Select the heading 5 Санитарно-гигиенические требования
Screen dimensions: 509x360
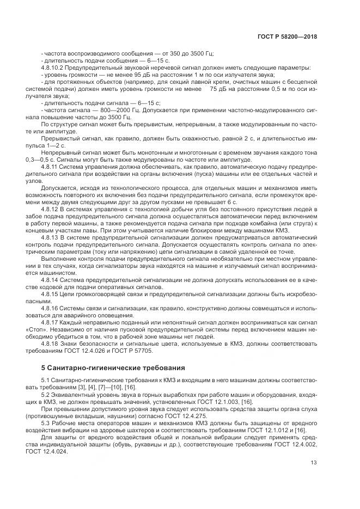114,367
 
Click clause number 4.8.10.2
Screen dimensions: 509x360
54,68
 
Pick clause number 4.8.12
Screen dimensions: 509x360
51,210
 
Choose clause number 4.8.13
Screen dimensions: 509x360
51,238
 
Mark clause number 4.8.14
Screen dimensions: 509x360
51,280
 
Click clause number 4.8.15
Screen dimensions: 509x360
51,294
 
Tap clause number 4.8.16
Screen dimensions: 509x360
51,308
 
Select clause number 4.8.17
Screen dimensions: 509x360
51,322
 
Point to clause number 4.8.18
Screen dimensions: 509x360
51,344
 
